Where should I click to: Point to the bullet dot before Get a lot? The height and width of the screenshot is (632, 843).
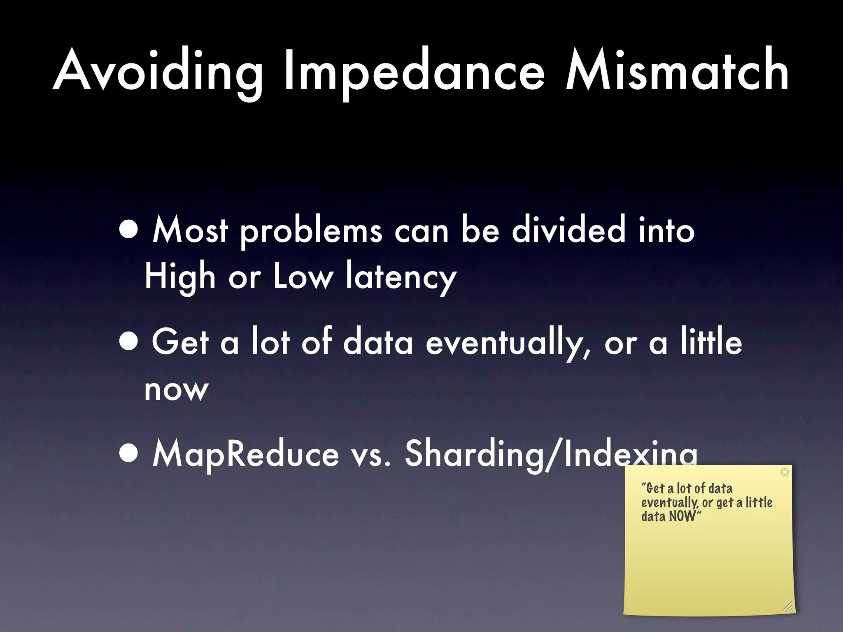(x=129, y=342)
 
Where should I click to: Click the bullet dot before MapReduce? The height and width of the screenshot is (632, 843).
(x=129, y=454)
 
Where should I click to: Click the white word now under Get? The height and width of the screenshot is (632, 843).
(x=176, y=390)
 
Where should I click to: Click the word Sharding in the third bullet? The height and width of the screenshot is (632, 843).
(x=473, y=454)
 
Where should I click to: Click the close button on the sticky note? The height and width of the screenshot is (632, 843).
(x=785, y=472)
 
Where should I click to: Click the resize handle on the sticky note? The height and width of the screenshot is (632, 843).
(x=787, y=606)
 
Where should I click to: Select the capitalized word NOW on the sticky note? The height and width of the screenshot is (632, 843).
(x=682, y=516)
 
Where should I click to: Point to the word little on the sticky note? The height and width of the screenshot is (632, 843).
(x=759, y=502)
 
